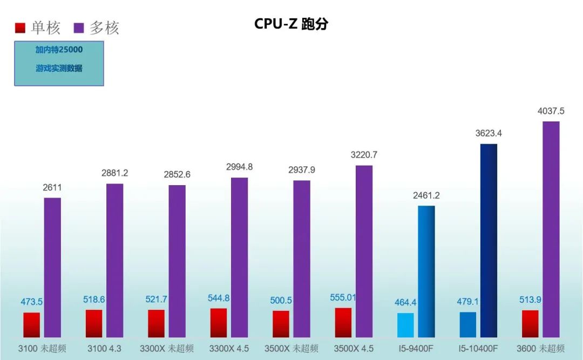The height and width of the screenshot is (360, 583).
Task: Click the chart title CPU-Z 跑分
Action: coord(291,24)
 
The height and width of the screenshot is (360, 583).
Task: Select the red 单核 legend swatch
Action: coord(21,28)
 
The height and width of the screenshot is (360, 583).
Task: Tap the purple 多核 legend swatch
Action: coord(79,28)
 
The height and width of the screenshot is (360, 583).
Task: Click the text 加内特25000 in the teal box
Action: coord(59,50)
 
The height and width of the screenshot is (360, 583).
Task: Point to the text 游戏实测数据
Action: coord(59,69)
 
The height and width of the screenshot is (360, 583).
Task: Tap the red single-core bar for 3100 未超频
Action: coord(32,325)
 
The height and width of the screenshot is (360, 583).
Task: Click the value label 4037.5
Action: coord(551,111)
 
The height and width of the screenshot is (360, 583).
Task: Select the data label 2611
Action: coord(52,187)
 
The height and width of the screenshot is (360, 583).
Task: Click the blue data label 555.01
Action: coord(343,297)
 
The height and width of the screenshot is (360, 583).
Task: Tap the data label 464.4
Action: coord(405,302)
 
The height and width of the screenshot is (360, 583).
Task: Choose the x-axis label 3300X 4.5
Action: coord(229,348)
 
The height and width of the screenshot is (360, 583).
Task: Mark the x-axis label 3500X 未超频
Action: coord(291,348)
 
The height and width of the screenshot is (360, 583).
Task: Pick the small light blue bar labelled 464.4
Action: coord(405,325)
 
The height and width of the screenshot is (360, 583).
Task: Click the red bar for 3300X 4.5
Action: coord(219,323)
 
